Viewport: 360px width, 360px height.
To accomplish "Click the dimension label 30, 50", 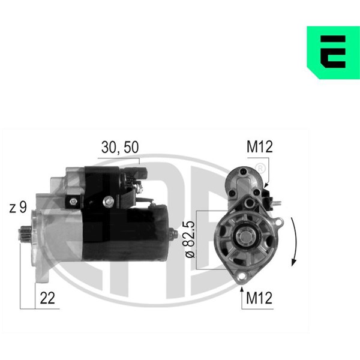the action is point(120,147).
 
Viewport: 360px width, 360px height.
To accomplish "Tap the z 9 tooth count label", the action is point(18,208).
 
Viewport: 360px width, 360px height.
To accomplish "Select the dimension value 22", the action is point(47,298).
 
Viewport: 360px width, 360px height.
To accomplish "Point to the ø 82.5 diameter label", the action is point(190,239).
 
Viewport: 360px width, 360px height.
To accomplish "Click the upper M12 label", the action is point(260,147).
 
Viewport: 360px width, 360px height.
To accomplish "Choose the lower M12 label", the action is point(259,298).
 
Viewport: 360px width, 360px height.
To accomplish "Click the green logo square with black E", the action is point(334,53).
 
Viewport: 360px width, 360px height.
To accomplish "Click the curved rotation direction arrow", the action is point(294,242).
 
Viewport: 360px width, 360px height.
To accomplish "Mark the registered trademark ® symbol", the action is point(260,169).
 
